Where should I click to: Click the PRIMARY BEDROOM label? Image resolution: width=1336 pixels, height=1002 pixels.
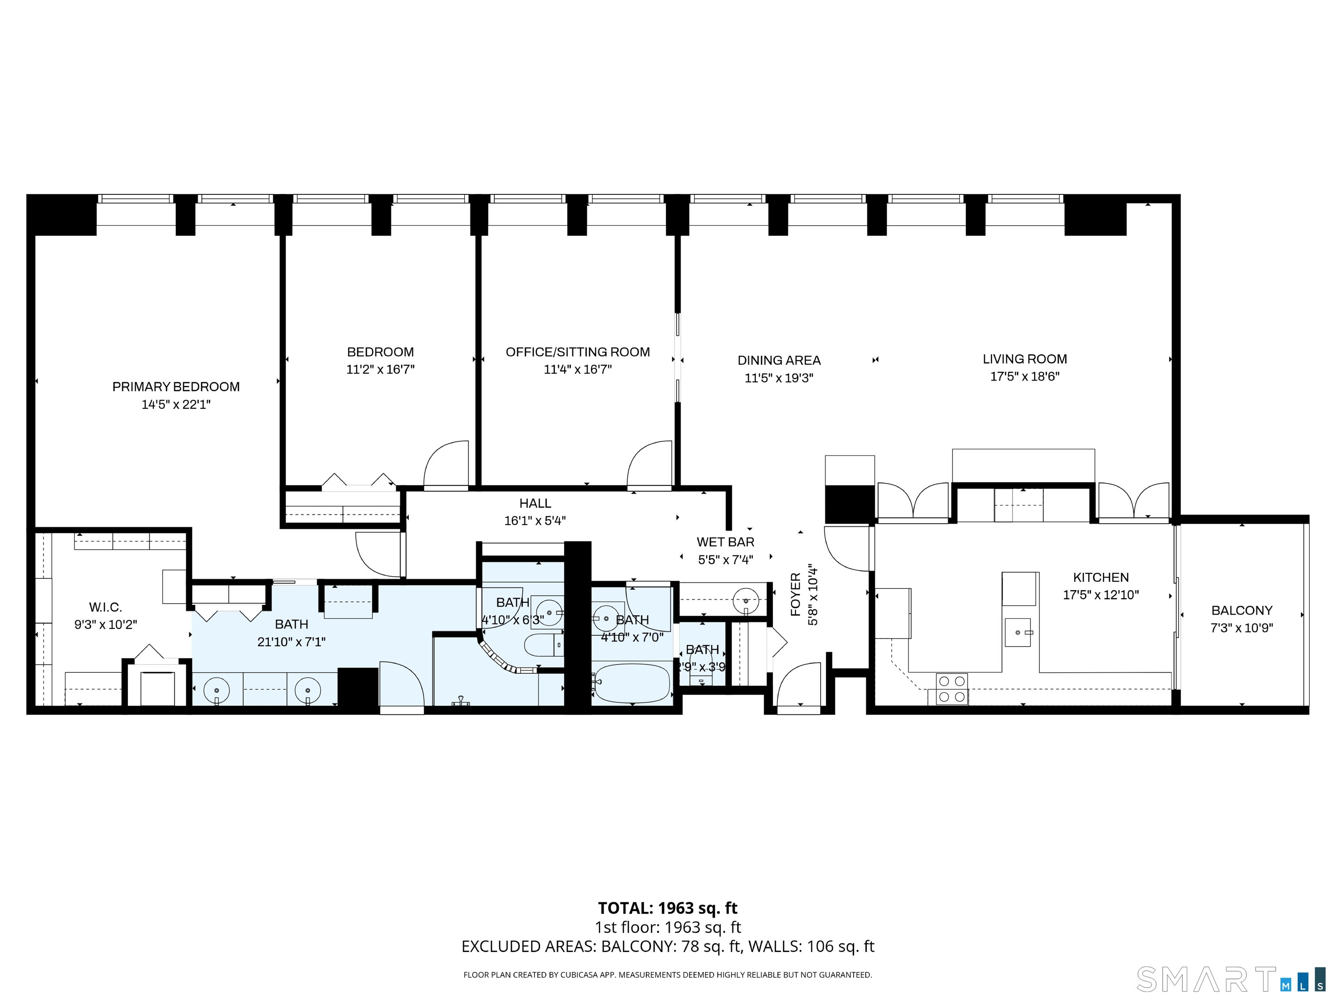pos(176,387)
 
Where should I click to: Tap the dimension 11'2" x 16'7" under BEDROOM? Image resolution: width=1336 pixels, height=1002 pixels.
pos(380,370)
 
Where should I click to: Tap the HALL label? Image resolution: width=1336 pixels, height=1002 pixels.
pos(535,503)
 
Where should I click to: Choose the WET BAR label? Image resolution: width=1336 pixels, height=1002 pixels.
pos(725,542)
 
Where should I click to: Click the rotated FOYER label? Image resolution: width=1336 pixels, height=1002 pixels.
pos(795,595)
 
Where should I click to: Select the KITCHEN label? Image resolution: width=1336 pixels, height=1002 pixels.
pos(1100,578)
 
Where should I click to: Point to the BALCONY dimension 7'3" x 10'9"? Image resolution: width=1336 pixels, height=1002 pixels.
pos(1241,628)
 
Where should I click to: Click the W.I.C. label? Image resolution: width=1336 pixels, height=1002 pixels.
pos(106,607)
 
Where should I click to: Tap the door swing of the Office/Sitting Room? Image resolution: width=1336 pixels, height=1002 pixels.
pos(649,465)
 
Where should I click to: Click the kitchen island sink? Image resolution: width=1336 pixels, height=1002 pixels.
pos(1018,632)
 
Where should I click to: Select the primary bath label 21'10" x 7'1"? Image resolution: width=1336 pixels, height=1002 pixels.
pos(291,642)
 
